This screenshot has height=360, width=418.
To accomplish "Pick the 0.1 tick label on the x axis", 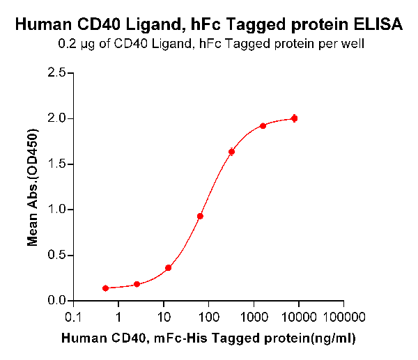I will pos(73,318).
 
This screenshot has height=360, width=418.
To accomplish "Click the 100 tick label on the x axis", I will pos(208,318).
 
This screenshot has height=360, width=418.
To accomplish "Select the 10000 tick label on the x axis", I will pos(298,318).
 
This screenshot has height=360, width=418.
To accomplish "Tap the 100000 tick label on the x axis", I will pos(343,318).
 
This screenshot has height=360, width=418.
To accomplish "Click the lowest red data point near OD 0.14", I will pos(105,288).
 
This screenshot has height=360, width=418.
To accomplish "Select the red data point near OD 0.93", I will pos(200,216).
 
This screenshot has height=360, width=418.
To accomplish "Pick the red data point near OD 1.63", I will pos(231,152).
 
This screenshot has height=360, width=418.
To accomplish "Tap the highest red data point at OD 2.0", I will pos(294,118).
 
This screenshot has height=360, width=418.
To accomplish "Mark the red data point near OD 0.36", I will pos(169,268).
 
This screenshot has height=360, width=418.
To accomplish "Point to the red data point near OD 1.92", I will pos(263,126).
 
